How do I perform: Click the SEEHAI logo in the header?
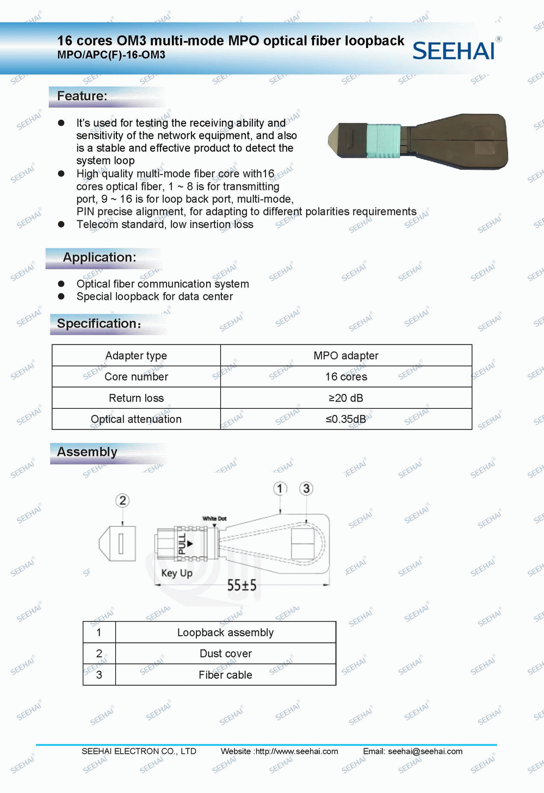(x=454, y=51)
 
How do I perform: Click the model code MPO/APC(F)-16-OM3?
(x=111, y=55)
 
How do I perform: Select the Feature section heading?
(x=82, y=96)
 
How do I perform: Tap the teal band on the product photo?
(x=383, y=140)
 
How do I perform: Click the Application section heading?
(x=100, y=257)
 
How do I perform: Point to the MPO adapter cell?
(x=346, y=355)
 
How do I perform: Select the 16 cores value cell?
(x=346, y=377)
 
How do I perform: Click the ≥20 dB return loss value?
(x=346, y=398)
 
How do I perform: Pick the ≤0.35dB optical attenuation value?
(x=346, y=419)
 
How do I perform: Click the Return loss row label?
(x=136, y=398)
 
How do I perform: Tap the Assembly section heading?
(x=87, y=452)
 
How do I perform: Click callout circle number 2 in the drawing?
(x=122, y=500)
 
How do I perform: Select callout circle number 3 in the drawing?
(x=306, y=488)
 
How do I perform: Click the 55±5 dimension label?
(x=242, y=586)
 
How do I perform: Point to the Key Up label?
(x=177, y=573)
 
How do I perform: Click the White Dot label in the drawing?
(x=214, y=519)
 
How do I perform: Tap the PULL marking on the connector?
(x=182, y=544)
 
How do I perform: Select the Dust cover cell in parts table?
(x=225, y=654)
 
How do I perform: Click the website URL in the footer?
(x=296, y=751)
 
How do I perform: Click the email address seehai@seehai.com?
(x=425, y=751)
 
